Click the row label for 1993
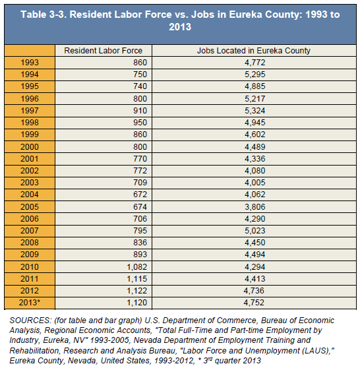pyautogui.click(x=30, y=63)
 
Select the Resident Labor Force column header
pyautogui.click(x=104, y=51)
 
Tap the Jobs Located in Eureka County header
pyautogui.click(x=254, y=51)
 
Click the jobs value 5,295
pyautogui.click(x=255, y=75)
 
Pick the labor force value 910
pyautogui.click(x=140, y=111)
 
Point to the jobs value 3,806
pyautogui.click(x=255, y=207)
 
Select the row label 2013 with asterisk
pyautogui.click(x=30, y=303)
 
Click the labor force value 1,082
pyautogui.click(x=137, y=267)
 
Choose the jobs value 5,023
pyautogui.click(x=255, y=230)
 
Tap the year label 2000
pyautogui.click(x=30, y=146)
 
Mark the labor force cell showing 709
pyautogui.click(x=140, y=183)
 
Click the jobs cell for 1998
pyautogui.click(x=255, y=123)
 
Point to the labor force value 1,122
pyautogui.click(x=137, y=291)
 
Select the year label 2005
pyautogui.click(x=30, y=207)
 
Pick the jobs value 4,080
pyautogui.click(x=255, y=171)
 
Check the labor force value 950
pyautogui.click(x=140, y=123)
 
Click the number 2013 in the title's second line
pyautogui.click(x=180, y=27)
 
